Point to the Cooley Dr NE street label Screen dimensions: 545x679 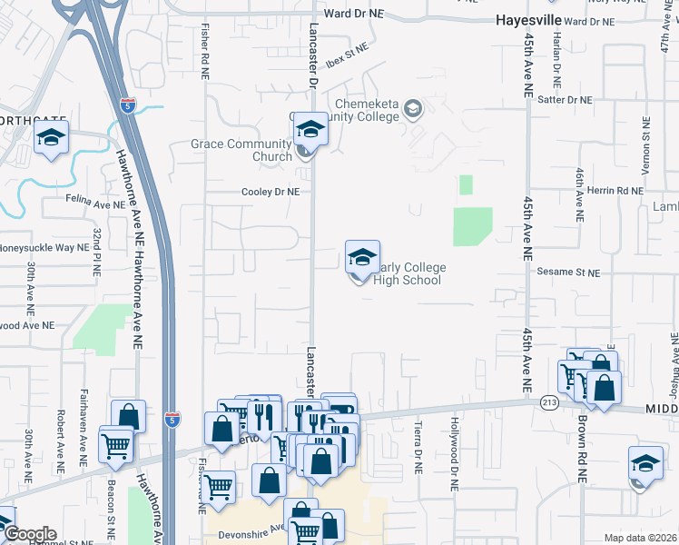[270, 193]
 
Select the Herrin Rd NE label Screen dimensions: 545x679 [614, 191]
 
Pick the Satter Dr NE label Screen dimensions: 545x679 [565, 100]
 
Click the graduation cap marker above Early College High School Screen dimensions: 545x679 [362, 257]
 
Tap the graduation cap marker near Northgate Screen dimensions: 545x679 [51, 138]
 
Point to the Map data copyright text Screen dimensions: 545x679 [639, 538]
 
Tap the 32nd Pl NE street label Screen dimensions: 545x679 [95, 253]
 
